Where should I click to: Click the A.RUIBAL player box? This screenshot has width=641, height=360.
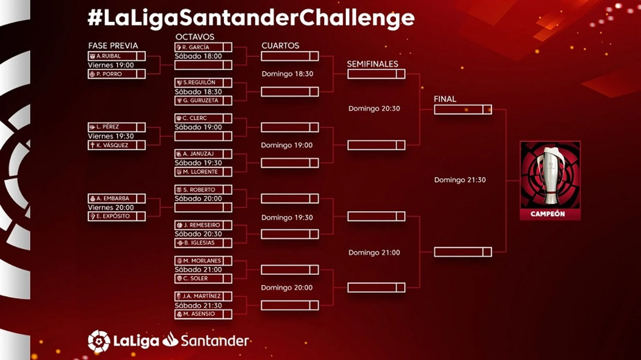click(117, 56)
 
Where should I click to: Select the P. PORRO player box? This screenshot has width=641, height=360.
click(117, 74)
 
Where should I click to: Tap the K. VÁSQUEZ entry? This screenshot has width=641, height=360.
click(117, 145)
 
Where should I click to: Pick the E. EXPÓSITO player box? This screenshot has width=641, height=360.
click(117, 216)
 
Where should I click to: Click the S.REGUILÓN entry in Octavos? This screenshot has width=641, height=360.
click(203, 83)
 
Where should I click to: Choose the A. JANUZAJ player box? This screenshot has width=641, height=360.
click(203, 154)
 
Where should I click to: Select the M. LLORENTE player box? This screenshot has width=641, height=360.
click(203, 172)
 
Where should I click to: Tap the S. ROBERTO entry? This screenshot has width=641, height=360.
click(203, 190)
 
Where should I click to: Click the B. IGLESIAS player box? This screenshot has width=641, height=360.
click(203, 243)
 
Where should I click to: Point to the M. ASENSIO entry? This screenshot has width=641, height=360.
click(203, 314)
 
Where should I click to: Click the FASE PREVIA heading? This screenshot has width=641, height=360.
click(113, 46)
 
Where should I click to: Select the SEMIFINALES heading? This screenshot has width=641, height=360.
click(373, 64)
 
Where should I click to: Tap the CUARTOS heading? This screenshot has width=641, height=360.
click(281, 46)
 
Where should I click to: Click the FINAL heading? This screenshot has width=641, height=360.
click(445, 99)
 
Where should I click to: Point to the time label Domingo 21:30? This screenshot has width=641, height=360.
click(460, 180)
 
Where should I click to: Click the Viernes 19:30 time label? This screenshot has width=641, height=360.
click(111, 136)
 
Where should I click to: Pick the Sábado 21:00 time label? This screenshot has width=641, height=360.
click(198, 270)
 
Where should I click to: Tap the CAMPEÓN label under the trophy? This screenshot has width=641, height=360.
click(548, 214)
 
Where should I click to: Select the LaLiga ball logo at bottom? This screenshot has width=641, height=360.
click(99, 341)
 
